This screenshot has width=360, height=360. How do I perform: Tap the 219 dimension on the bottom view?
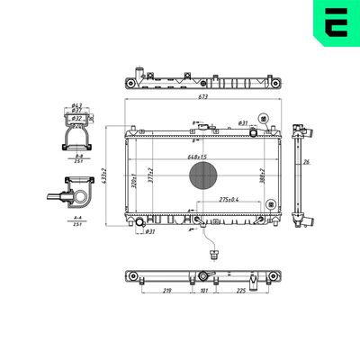pos(168,291)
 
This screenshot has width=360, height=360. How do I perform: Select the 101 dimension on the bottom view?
pos(203,291)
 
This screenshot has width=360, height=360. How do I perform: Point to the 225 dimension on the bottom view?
pos(241,291)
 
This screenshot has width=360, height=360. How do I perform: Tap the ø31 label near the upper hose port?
pos(243,122)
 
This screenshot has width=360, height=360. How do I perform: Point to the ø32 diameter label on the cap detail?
pos(77,118)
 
